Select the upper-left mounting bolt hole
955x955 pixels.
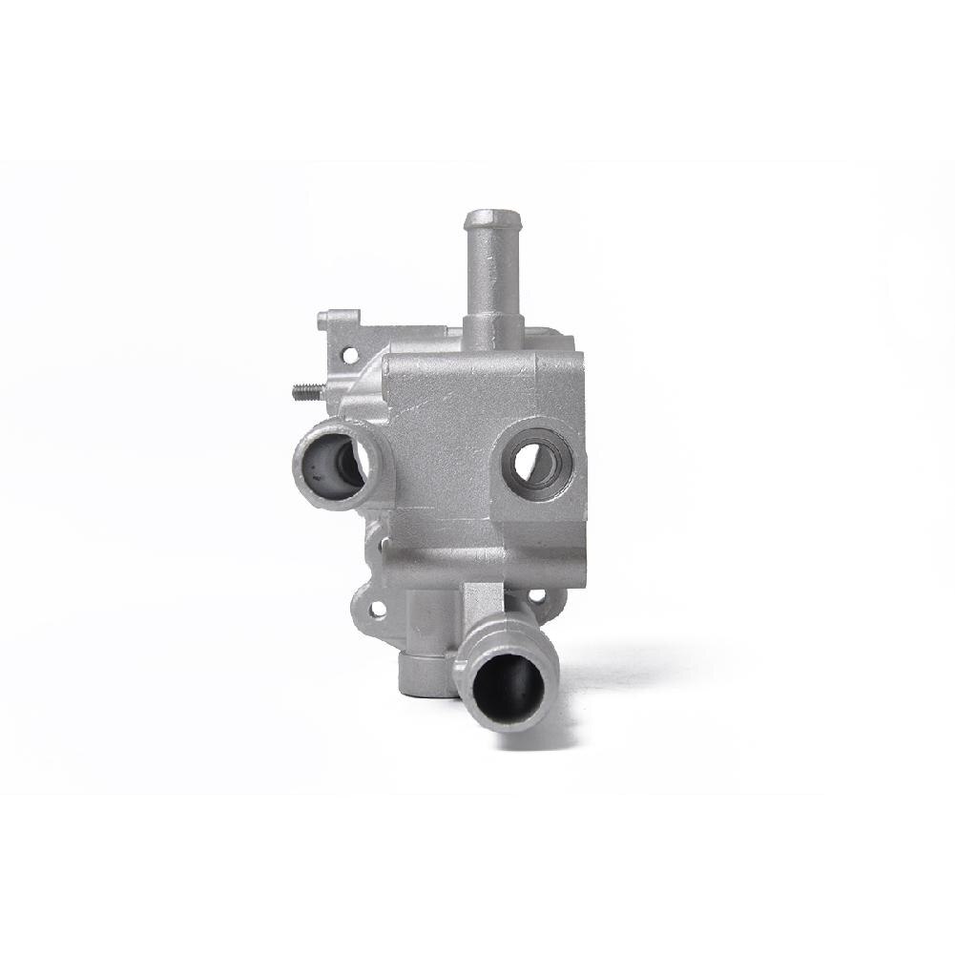tap(349, 355)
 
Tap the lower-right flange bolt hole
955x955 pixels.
tap(538, 596)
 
